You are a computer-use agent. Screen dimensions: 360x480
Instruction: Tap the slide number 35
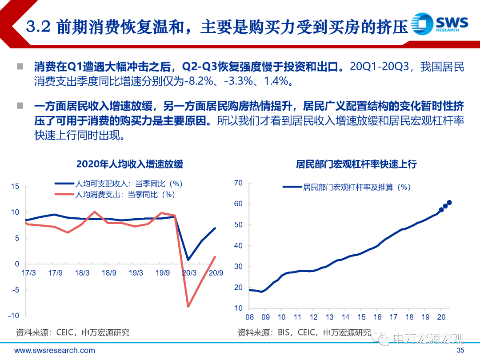point(461,350)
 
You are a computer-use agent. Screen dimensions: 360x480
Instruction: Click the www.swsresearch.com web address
point(55,350)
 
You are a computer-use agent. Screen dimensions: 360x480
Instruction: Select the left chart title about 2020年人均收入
point(129,164)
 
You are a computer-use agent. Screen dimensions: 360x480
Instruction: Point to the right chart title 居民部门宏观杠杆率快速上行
point(356,164)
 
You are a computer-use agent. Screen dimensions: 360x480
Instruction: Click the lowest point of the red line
point(188,306)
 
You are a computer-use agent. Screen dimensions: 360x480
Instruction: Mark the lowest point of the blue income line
point(188,260)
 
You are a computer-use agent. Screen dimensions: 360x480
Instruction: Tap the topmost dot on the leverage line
point(449,202)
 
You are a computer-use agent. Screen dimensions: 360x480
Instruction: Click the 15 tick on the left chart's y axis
point(15,186)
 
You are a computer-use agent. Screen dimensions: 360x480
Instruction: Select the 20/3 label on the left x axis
point(189,272)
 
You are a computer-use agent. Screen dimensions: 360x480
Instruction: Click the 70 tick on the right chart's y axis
point(238,183)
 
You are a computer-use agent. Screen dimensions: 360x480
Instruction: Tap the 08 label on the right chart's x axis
point(249,317)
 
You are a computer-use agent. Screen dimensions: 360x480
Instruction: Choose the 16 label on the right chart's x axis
point(377,317)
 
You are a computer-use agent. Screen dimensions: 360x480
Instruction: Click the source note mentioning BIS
point(304,332)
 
